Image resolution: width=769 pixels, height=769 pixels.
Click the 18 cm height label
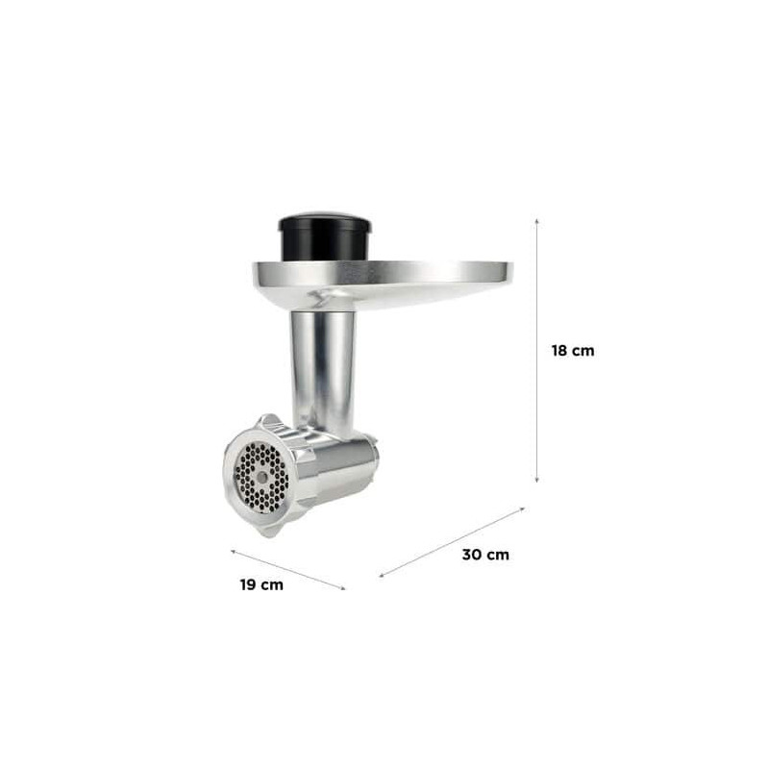[573, 351]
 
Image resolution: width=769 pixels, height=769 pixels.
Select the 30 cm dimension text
[485, 555]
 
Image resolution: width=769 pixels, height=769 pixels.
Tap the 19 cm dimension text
[261, 584]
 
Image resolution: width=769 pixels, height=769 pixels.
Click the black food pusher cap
[325, 236]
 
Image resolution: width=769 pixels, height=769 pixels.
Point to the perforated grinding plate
[261, 477]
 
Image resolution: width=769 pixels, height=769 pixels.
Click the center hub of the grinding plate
[261, 477]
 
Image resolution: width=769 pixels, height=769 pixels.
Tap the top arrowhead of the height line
[537, 221]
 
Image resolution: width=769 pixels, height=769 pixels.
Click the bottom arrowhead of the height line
[537, 480]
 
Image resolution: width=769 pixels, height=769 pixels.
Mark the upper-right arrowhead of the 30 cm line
[522, 509]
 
